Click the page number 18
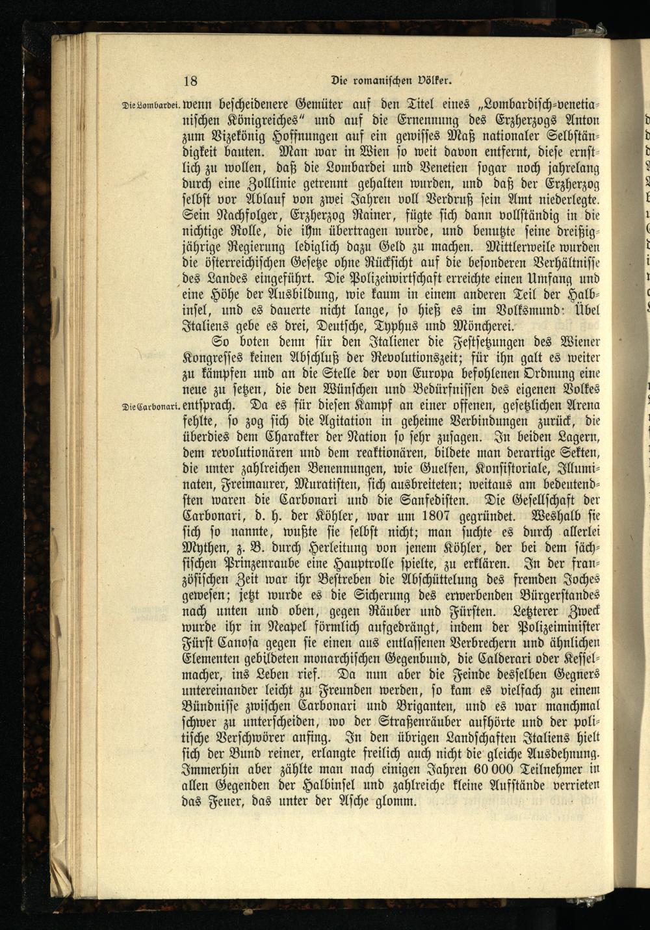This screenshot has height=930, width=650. pyautogui.click(x=190, y=81)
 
